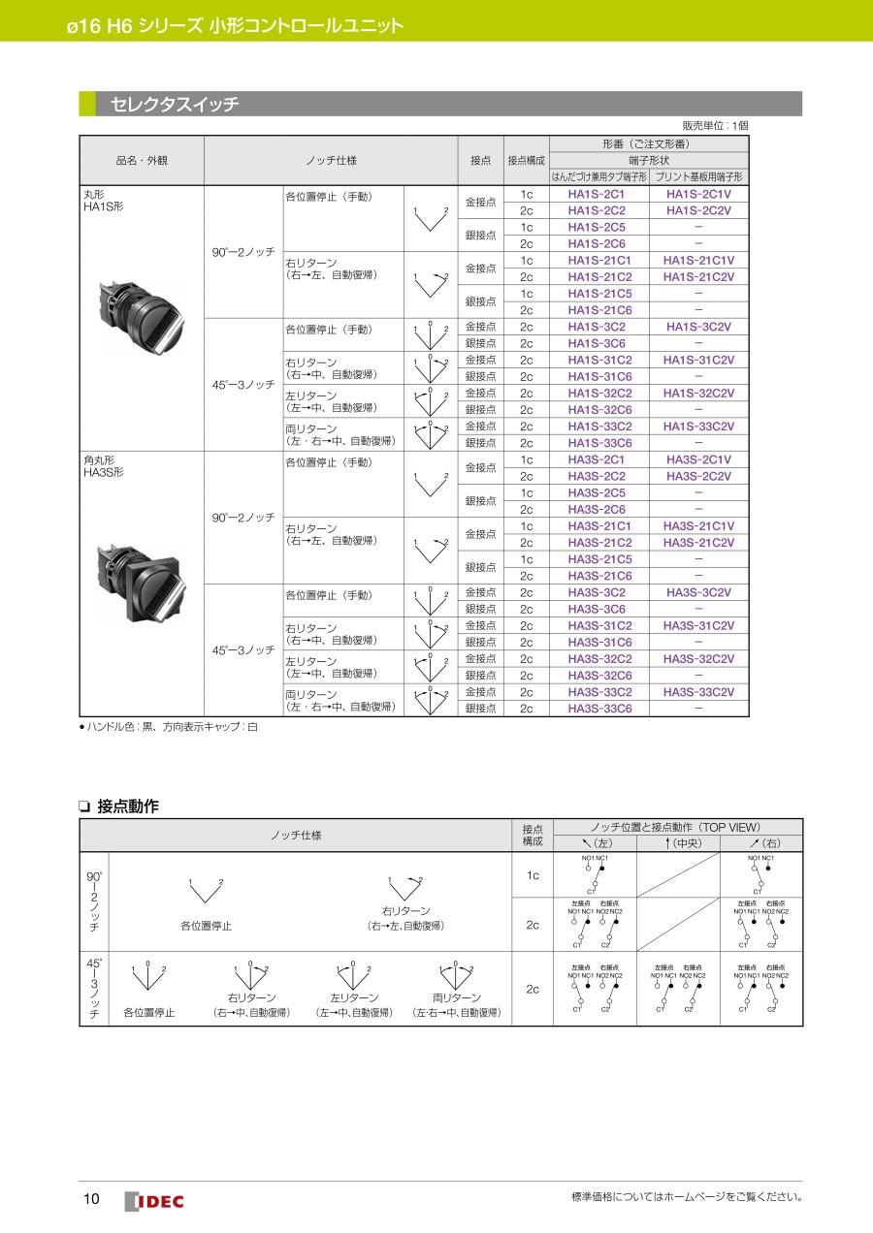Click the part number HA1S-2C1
click(597, 194)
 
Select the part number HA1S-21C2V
click(698, 277)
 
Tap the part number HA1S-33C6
click(599, 443)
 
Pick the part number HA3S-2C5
click(597, 492)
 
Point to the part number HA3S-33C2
click(599, 692)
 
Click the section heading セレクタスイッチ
click(175, 104)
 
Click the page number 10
click(91, 1200)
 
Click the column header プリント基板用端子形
click(698, 177)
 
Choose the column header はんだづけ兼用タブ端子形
click(598, 177)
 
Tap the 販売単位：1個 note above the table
click(715, 126)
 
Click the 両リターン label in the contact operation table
click(456, 997)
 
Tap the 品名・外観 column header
click(142, 160)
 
